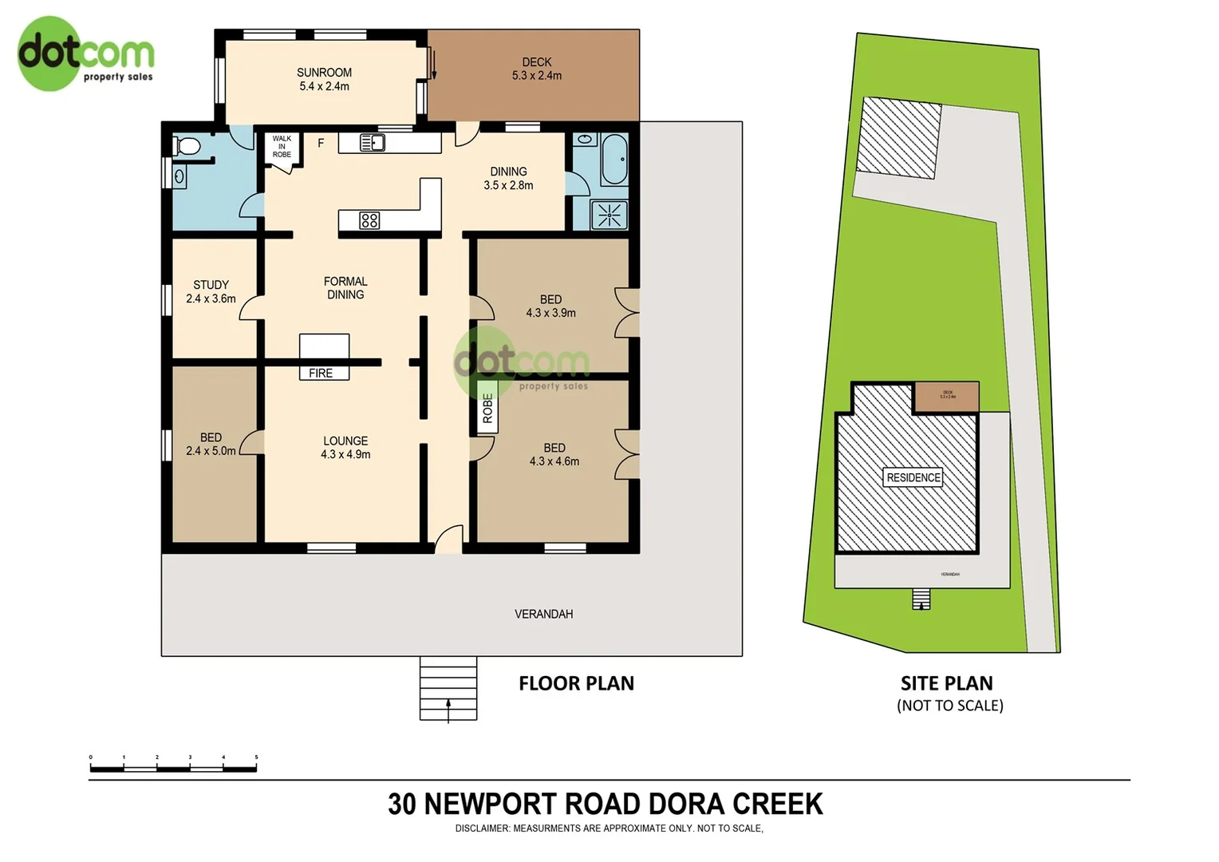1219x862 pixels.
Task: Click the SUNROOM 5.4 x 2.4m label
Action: tap(324, 79)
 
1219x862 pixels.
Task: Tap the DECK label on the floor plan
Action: tap(536, 69)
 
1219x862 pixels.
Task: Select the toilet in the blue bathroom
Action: tap(187, 146)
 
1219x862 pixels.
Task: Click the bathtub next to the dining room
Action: tap(613, 158)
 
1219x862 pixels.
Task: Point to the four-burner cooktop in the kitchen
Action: tap(369, 220)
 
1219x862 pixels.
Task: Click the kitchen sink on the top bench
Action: tap(373, 143)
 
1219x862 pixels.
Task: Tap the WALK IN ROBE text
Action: tap(282, 147)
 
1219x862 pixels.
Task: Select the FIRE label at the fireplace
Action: tap(321, 373)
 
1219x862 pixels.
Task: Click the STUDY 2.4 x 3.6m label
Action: tap(211, 291)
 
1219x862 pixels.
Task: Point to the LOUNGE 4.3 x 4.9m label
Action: tap(345, 447)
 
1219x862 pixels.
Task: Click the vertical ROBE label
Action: tap(487, 409)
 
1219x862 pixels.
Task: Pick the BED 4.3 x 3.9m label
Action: tap(550, 306)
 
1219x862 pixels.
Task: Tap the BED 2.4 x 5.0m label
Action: tap(211, 444)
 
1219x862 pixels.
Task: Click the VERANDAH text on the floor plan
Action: tap(543, 614)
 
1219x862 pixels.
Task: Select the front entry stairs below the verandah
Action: tap(448, 688)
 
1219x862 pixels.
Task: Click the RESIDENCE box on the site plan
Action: tap(913, 477)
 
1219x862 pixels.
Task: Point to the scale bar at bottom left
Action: tap(173, 768)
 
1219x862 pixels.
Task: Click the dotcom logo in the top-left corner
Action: tap(84, 53)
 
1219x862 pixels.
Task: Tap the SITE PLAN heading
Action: tap(946, 683)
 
